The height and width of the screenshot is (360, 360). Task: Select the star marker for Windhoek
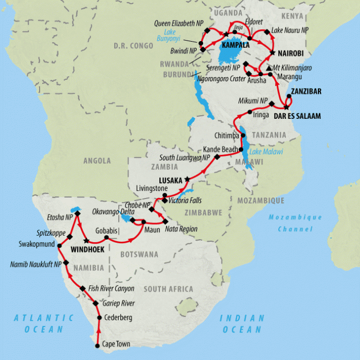click(86, 241)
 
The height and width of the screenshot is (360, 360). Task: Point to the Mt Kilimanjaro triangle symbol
click(269, 68)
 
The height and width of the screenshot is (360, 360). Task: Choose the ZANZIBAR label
click(307, 92)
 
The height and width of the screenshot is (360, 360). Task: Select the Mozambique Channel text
click(296, 223)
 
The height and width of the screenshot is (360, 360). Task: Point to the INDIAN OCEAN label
click(242, 323)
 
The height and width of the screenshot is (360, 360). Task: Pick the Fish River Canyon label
click(112, 289)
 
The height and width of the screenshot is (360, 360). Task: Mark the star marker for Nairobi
click(273, 52)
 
